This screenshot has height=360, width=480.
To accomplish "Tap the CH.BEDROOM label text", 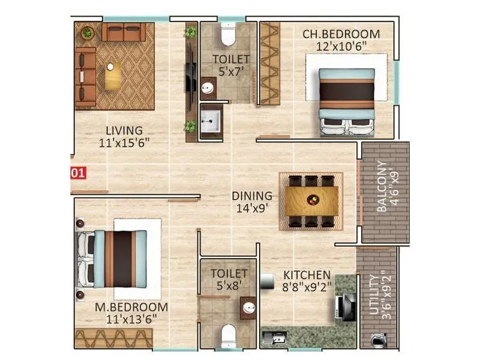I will click(x=341, y=34).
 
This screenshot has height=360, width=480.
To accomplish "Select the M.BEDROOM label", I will click(x=131, y=307).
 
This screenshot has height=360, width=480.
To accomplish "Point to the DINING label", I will click(x=253, y=196).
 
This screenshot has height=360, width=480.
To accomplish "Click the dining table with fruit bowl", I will click(x=311, y=200).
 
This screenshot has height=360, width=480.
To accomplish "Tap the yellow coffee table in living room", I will click(x=113, y=76).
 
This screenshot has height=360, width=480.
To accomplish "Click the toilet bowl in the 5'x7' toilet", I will click(x=228, y=36).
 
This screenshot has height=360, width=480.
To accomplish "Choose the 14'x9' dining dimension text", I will click(x=252, y=208).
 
